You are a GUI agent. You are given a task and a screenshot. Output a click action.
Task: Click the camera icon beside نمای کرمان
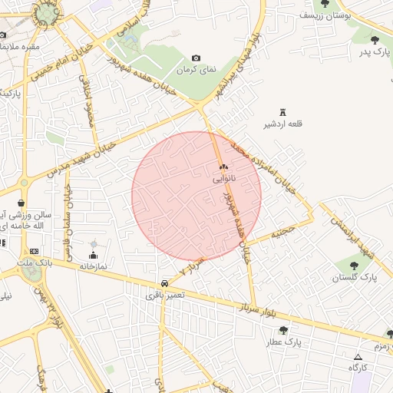196,58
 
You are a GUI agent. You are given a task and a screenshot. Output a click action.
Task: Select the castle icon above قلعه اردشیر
282,112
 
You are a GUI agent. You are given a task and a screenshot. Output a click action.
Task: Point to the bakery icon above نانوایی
224,167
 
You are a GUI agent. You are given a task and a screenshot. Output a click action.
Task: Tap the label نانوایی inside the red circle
224,177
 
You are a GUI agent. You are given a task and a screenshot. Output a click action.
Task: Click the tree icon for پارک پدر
375,40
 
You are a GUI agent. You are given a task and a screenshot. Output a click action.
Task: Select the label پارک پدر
374,51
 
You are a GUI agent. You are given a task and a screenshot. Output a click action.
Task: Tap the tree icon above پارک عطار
283,330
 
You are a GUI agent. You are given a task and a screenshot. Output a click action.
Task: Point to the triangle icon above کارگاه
358,357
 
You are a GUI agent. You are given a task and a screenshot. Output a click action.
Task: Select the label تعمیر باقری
167,295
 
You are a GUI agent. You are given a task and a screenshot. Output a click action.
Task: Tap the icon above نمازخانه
94,256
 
